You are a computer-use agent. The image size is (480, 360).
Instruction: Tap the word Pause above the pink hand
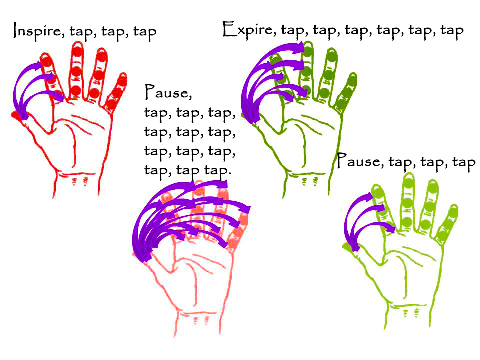tap(168, 92)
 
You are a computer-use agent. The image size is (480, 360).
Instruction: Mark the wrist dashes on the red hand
tap(79, 181)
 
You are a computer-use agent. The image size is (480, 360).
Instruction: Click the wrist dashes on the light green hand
tap(411, 313)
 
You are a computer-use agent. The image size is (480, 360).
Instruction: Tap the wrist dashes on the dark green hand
tap(309, 182)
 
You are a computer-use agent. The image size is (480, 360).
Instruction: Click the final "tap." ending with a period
tap(218, 170)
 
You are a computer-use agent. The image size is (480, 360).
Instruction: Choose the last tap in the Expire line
tap(452, 31)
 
